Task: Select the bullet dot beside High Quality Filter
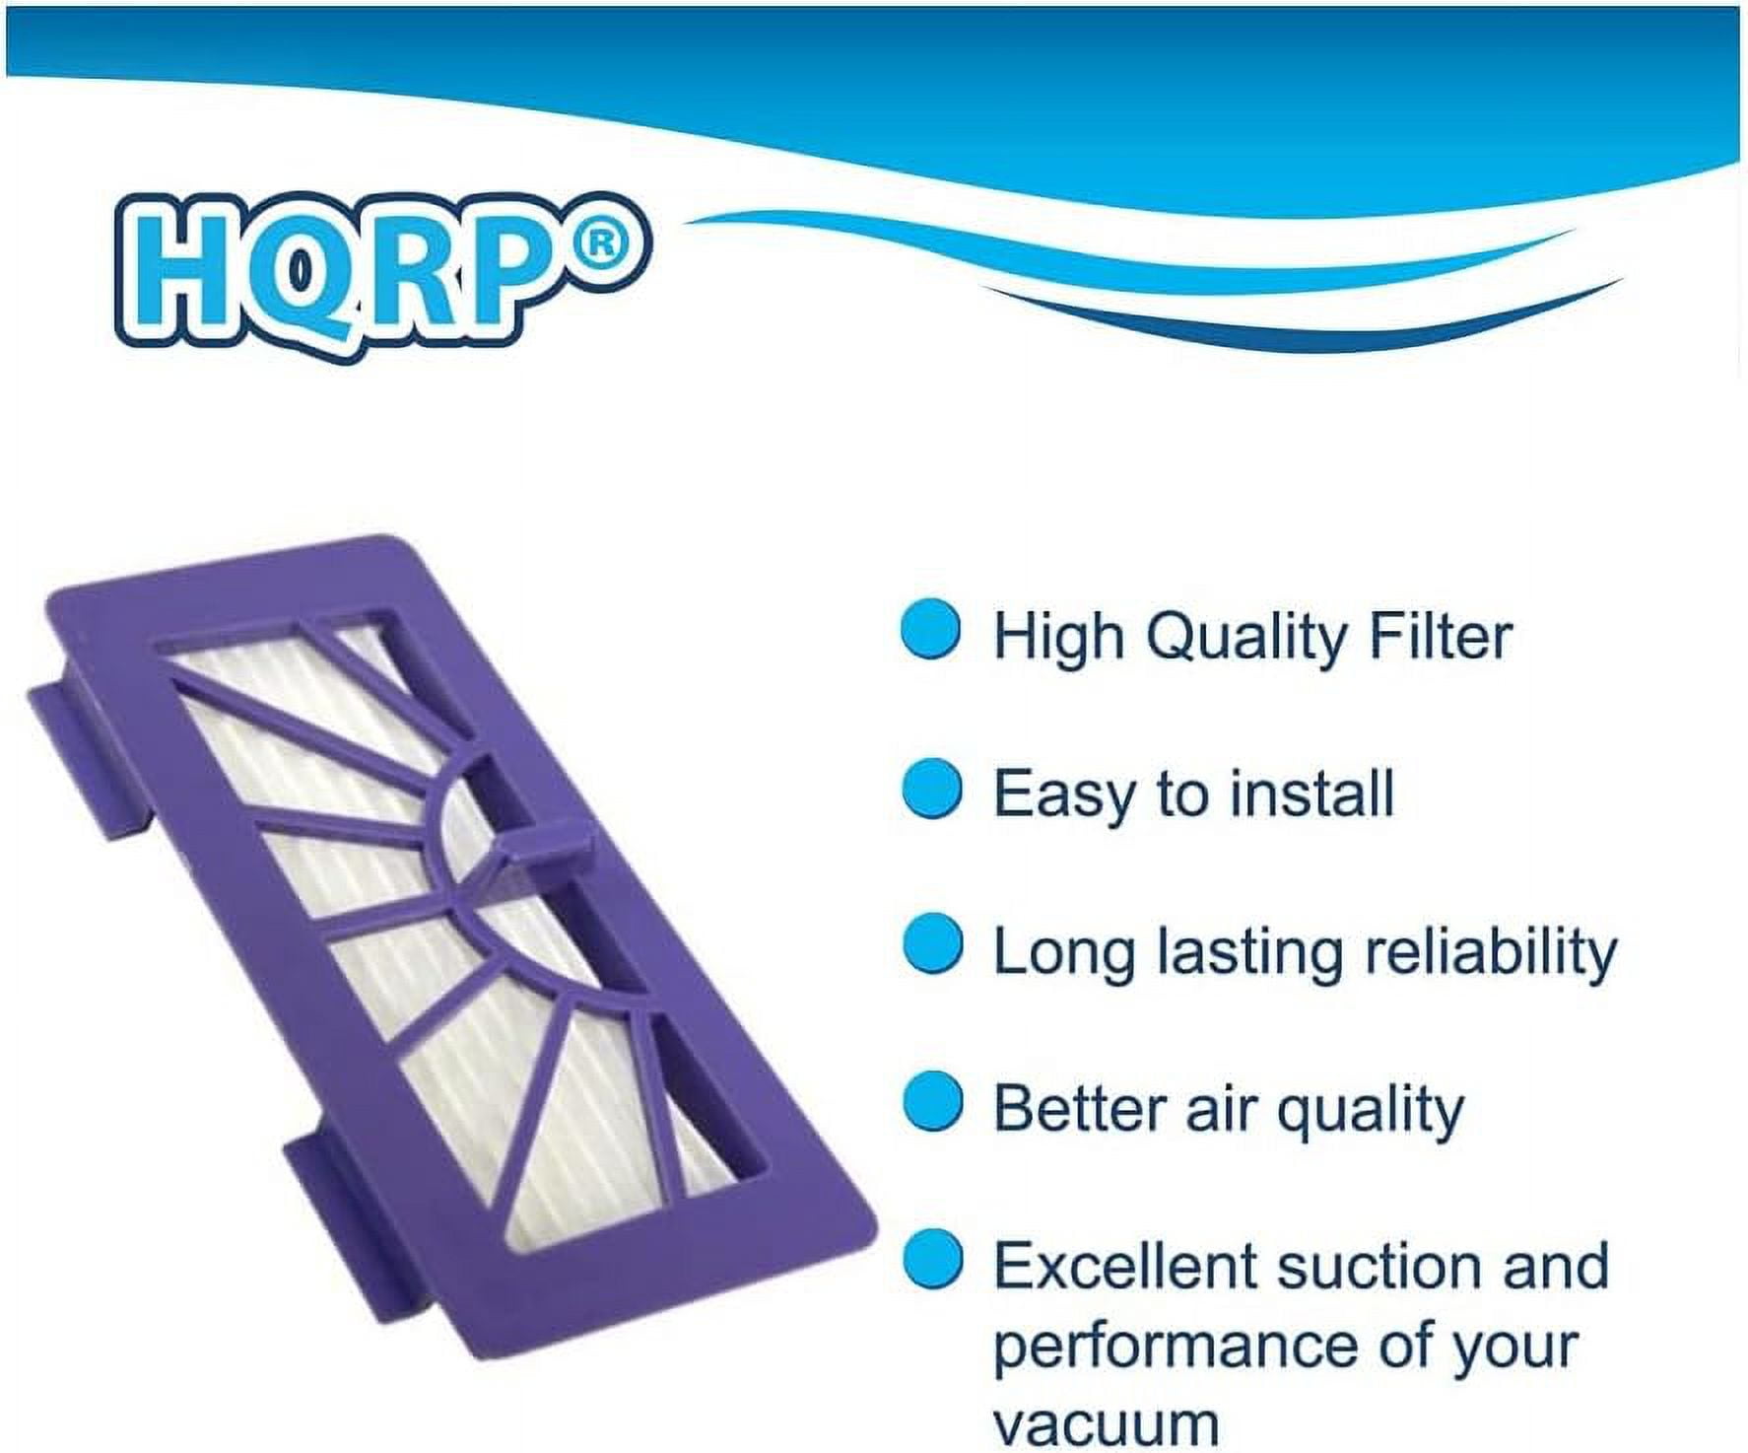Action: click(931, 632)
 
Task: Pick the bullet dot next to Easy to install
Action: click(931, 789)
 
